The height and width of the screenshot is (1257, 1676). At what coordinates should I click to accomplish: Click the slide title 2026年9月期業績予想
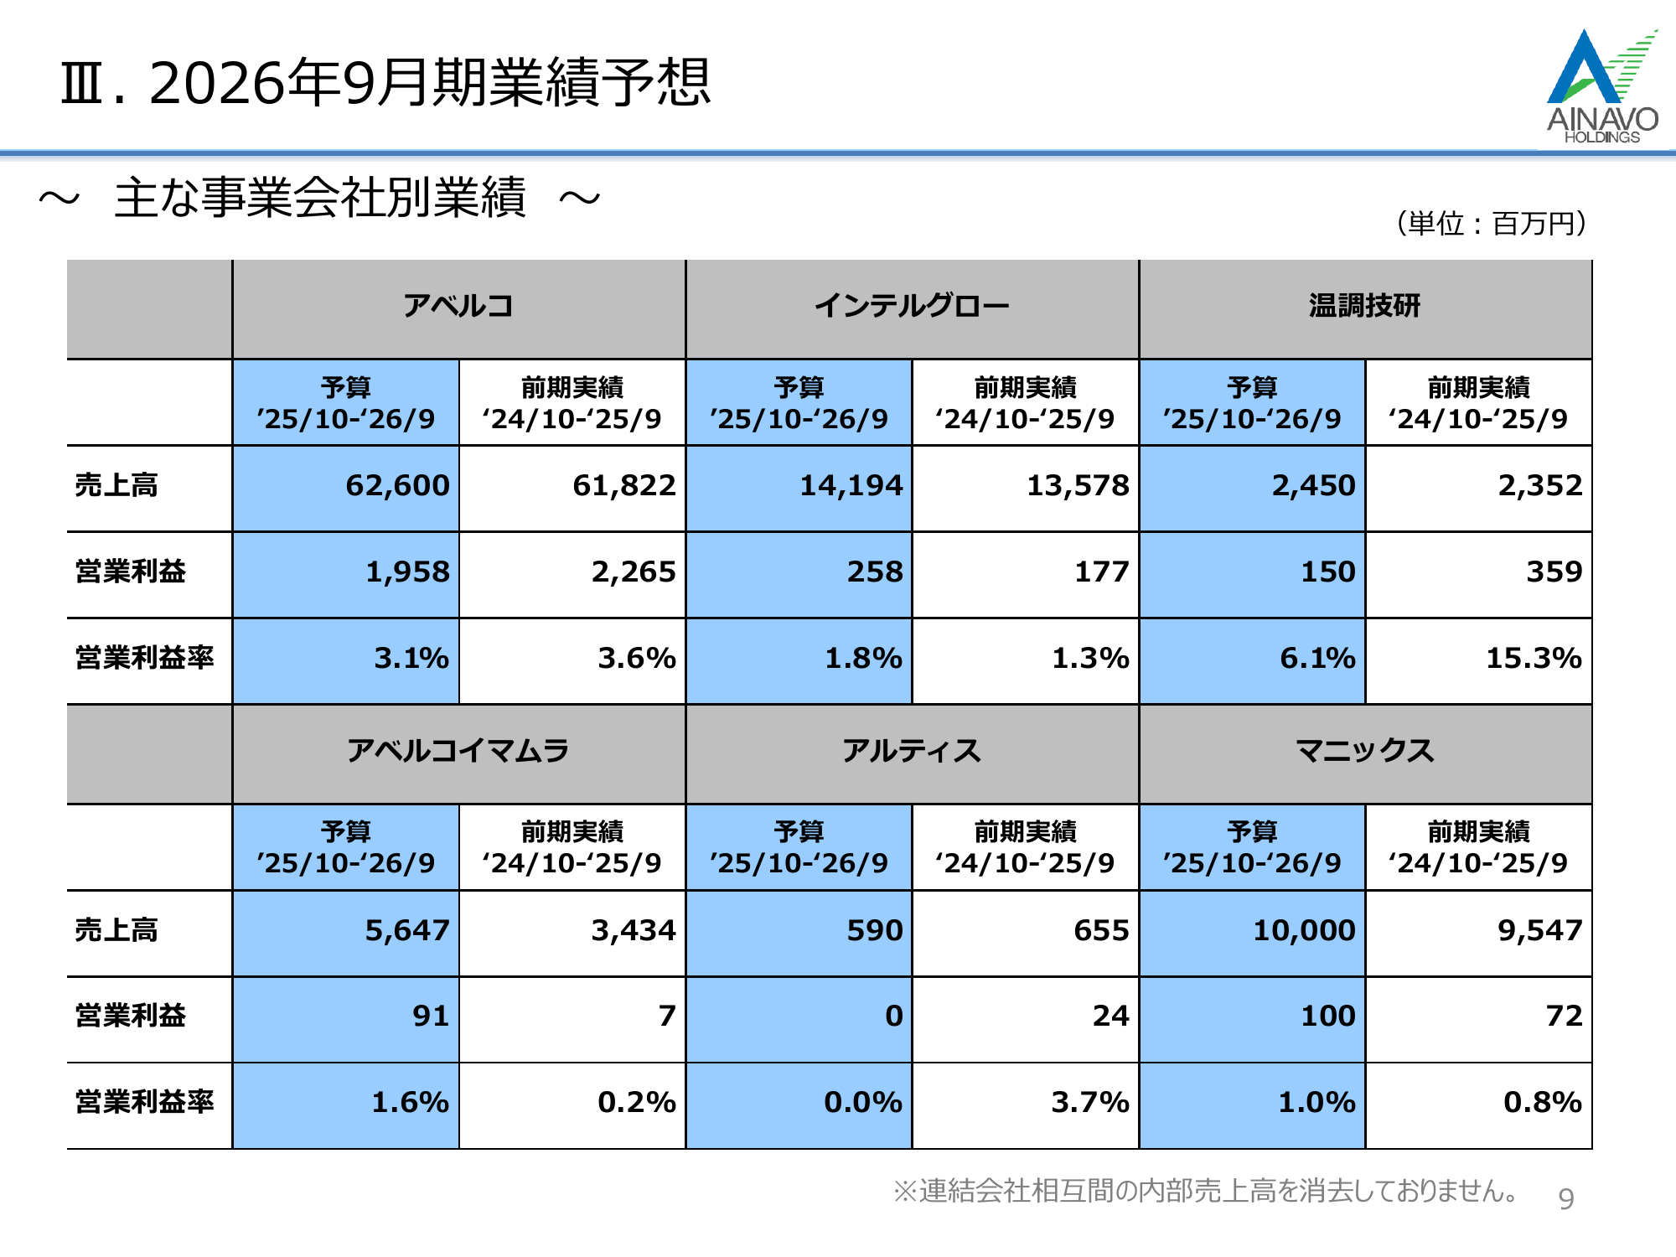pos(385,83)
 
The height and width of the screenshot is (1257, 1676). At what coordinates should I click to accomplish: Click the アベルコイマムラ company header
pos(458,751)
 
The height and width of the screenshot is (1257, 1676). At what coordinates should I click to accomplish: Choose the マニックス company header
pos(1364,751)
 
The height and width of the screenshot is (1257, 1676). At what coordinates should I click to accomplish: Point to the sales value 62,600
pos(397,486)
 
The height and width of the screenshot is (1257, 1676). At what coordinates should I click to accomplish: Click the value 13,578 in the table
pos(1078,486)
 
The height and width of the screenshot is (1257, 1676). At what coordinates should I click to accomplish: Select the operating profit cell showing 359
pos(1554,572)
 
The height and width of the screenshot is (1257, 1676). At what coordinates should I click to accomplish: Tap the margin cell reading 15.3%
pos(1534,659)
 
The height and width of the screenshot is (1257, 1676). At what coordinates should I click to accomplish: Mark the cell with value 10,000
pos(1304,931)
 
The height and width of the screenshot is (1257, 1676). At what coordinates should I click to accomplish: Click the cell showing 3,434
pos(634,931)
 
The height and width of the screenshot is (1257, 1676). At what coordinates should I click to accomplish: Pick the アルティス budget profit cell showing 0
pos(894,1016)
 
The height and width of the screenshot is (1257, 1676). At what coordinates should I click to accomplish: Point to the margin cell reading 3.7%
pos(1090,1103)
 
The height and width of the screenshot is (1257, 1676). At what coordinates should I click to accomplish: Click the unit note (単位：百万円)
pos(1492,224)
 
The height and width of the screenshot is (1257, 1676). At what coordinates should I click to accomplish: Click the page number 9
pos(1566,1199)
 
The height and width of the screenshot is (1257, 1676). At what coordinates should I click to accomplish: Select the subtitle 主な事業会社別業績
pos(320,199)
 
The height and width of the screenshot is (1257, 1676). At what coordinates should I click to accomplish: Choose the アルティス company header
pos(912,751)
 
